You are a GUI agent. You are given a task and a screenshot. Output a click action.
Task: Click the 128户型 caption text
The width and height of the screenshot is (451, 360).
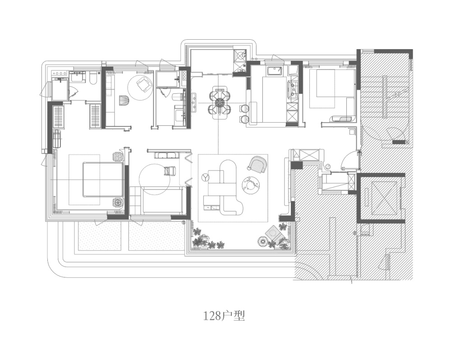click(224, 316)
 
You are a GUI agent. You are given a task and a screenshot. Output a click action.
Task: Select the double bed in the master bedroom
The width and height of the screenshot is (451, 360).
click(103, 180)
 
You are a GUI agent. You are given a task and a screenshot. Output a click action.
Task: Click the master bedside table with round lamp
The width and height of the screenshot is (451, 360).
click(118, 157)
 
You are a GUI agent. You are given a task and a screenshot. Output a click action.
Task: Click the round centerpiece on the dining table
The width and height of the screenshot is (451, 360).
click(220, 102)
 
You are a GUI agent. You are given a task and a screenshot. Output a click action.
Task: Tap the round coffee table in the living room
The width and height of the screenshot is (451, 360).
click(251, 185)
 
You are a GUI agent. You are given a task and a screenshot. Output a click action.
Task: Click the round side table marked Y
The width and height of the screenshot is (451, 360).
click(205, 177)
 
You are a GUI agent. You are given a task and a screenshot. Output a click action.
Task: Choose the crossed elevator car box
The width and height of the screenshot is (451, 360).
click(384, 198)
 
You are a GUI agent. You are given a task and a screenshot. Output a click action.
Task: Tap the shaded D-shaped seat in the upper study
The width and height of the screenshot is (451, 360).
click(124, 101)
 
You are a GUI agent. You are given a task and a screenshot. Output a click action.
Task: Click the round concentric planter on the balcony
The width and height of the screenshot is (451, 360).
click(262, 241)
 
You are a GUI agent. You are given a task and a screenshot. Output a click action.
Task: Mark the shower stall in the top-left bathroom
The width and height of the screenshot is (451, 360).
click(60, 89)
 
